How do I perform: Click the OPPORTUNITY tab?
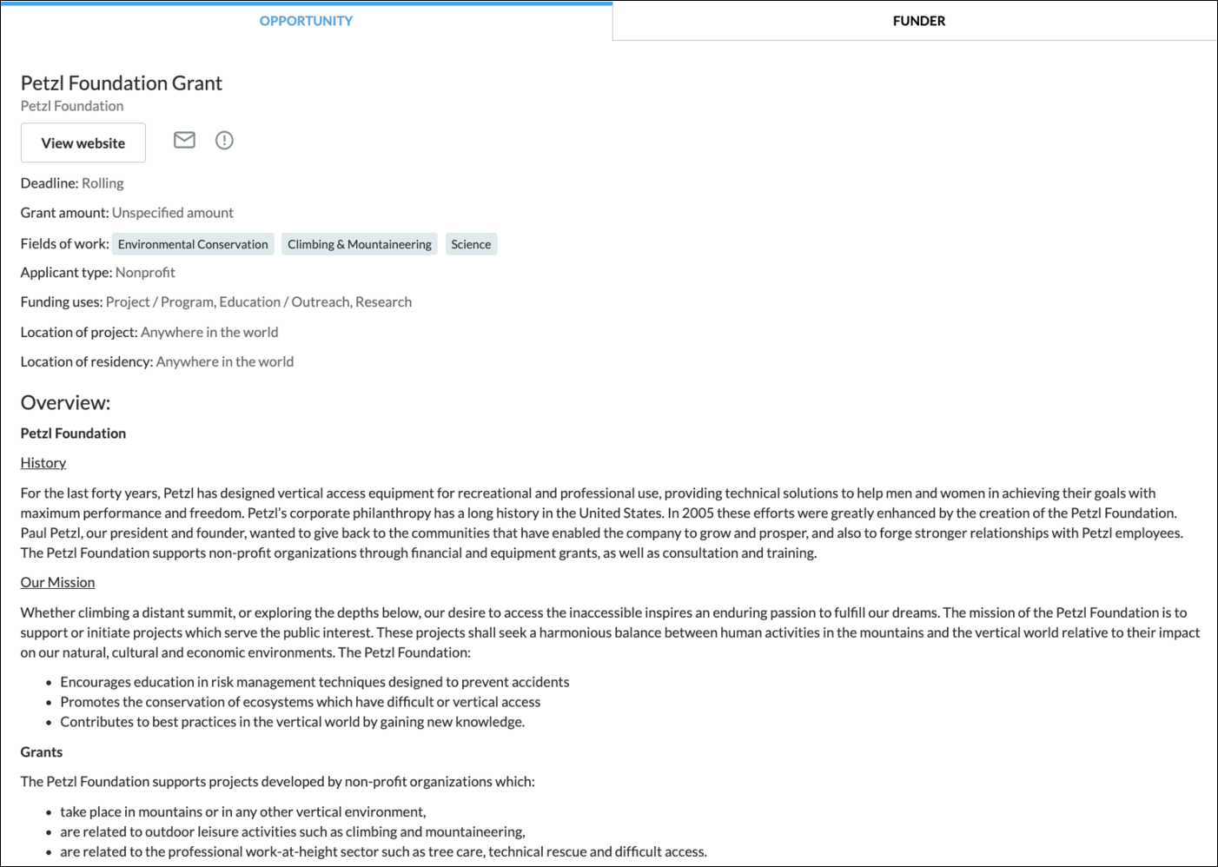tap(306, 21)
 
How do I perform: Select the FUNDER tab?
tap(918, 21)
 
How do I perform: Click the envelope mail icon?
tap(184, 140)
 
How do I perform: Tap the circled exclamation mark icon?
tap(224, 140)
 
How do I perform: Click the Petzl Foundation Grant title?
tap(121, 83)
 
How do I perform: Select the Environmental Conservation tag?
tap(193, 244)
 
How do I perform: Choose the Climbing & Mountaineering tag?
tap(359, 244)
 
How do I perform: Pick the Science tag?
tap(471, 244)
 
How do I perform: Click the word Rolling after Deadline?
tap(103, 183)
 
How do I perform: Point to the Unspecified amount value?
tap(172, 213)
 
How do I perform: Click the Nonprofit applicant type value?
tap(145, 273)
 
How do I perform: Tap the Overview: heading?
tap(65, 403)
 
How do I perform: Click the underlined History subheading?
tap(43, 463)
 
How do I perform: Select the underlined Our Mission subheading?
tap(57, 583)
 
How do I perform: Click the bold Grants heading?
tap(42, 752)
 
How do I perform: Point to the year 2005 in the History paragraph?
tap(698, 513)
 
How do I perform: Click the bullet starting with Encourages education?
tap(314, 682)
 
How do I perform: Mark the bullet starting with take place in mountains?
tap(242, 812)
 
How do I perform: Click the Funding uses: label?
tap(61, 302)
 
